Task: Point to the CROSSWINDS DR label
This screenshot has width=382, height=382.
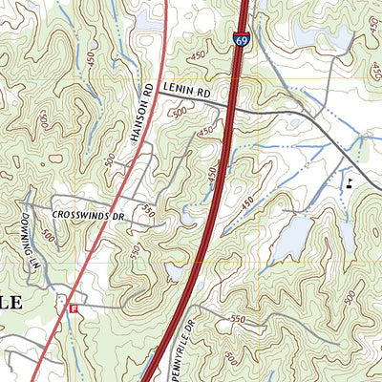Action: coord(89,216)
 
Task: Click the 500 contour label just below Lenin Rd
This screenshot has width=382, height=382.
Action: coord(179,113)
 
